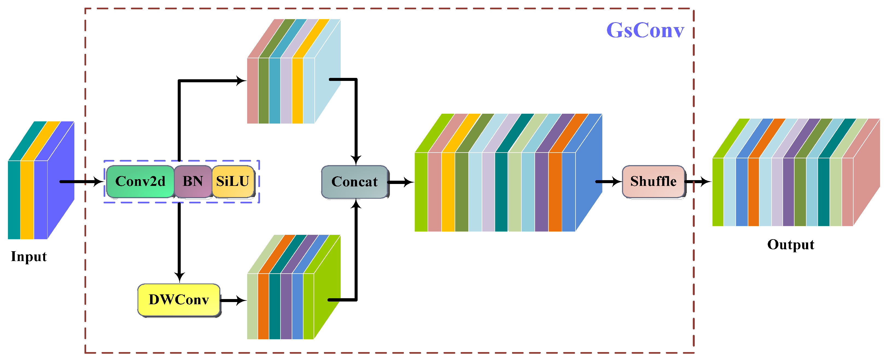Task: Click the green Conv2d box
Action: tap(140, 182)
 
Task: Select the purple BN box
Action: tap(193, 182)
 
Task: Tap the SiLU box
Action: tap(233, 182)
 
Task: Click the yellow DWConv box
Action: tap(179, 300)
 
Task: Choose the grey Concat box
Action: tap(355, 182)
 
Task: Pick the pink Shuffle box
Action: tap(653, 182)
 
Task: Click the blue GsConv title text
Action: tap(645, 30)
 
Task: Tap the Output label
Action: tap(790, 245)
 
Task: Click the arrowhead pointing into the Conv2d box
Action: tap(99, 182)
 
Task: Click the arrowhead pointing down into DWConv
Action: tap(179, 277)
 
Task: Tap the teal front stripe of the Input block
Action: tap(14, 199)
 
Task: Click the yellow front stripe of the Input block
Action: tap(27, 199)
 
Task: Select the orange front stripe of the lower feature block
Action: tap(263, 306)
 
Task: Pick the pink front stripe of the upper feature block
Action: tap(253, 90)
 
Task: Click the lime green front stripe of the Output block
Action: tap(718, 192)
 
